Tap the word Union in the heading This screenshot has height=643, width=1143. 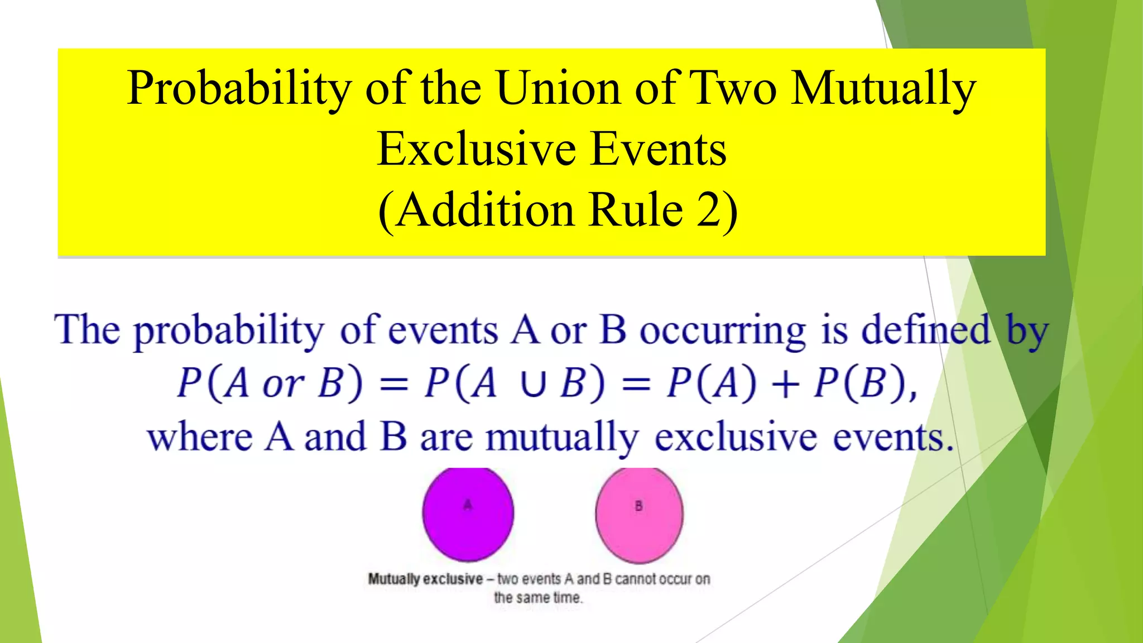tap(558, 88)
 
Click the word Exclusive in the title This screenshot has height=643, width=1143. tap(476, 149)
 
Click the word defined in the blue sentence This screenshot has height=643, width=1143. tap(926, 330)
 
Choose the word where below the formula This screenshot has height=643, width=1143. tap(200, 437)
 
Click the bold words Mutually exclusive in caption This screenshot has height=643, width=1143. tap(425, 579)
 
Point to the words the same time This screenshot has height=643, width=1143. tap(538, 598)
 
